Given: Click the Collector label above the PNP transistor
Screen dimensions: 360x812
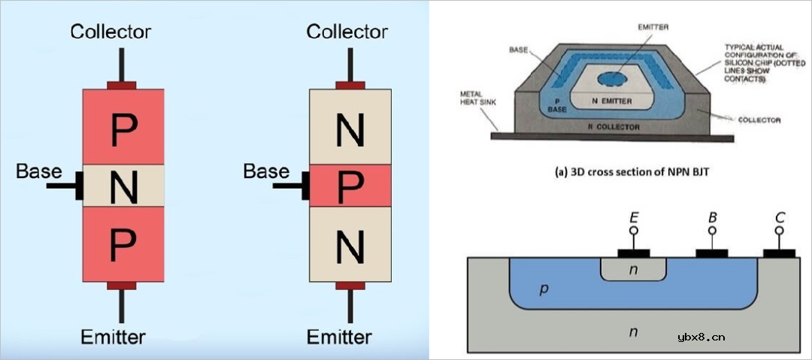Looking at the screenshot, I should point(111,32).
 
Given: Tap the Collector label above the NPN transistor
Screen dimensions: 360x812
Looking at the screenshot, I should point(347,32).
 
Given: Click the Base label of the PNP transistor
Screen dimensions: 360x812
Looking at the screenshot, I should point(39,171).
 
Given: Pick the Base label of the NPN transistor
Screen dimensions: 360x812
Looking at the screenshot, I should point(266,171).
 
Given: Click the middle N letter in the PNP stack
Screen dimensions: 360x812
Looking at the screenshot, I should point(123,187).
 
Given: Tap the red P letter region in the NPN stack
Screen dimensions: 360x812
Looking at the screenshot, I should point(350,187).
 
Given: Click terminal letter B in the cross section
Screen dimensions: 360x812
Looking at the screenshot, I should point(711,218).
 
